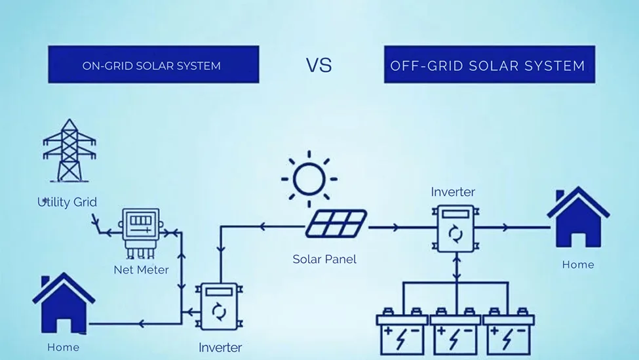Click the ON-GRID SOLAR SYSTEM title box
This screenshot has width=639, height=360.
pyautogui.click(x=153, y=65)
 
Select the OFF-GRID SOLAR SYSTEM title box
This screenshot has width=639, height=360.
pyautogui.click(x=489, y=65)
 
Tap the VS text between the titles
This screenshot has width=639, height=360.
pyautogui.click(x=319, y=65)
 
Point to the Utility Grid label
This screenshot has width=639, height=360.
pyautogui.click(x=67, y=202)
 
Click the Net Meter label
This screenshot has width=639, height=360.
pyautogui.click(x=141, y=270)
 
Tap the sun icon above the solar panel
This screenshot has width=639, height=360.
pyautogui.click(x=309, y=178)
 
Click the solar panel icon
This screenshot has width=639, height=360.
pyautogui.click(x=336, y=224)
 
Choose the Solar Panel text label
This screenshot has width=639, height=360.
pyautogui.click(x=324, y=259)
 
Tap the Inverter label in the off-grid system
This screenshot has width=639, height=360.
pyautogui.click(x=453, y=192)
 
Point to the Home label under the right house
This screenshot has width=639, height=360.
pyautogui.click(x=578, y=265)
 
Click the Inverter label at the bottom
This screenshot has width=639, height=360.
pyautogui.click(x=220, y=348)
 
